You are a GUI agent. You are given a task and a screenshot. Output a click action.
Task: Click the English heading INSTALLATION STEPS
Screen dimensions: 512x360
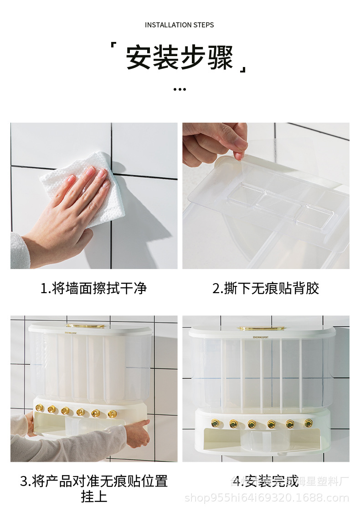pyautogui.click(x=179, y=25)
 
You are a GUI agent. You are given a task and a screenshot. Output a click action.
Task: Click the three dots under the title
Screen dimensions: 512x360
pyautogui.click(x=180, y=89)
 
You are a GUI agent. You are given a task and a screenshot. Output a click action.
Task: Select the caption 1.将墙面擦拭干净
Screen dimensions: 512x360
pyautogui.click(x=94, y=288)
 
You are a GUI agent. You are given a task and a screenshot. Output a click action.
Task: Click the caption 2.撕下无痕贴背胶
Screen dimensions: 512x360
pyautogui.click(x=266, y=288)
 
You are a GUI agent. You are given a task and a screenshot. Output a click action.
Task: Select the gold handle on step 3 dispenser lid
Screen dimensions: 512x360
pyautogui.click(x=86, y=326)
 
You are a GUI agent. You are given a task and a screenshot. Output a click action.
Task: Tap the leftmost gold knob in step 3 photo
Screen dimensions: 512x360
pyautogui.click(x=40, y=407)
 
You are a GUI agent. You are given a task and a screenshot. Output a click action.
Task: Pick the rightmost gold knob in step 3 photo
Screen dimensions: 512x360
pyautogui.click(x=112, y=414)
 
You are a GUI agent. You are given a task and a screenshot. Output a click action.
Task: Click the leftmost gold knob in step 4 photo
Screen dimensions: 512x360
pyautogui.click(x=215, y=423)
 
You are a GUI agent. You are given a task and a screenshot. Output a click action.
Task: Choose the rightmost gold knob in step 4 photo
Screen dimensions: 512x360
pyautogui.click(x=309, y=423)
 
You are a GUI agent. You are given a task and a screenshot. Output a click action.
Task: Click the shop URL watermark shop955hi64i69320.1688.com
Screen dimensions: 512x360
pyautogui.click(x=267, y=498)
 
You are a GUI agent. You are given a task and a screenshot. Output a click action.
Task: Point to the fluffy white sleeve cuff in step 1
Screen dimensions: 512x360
pyautogui.click(x=19, y=251)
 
